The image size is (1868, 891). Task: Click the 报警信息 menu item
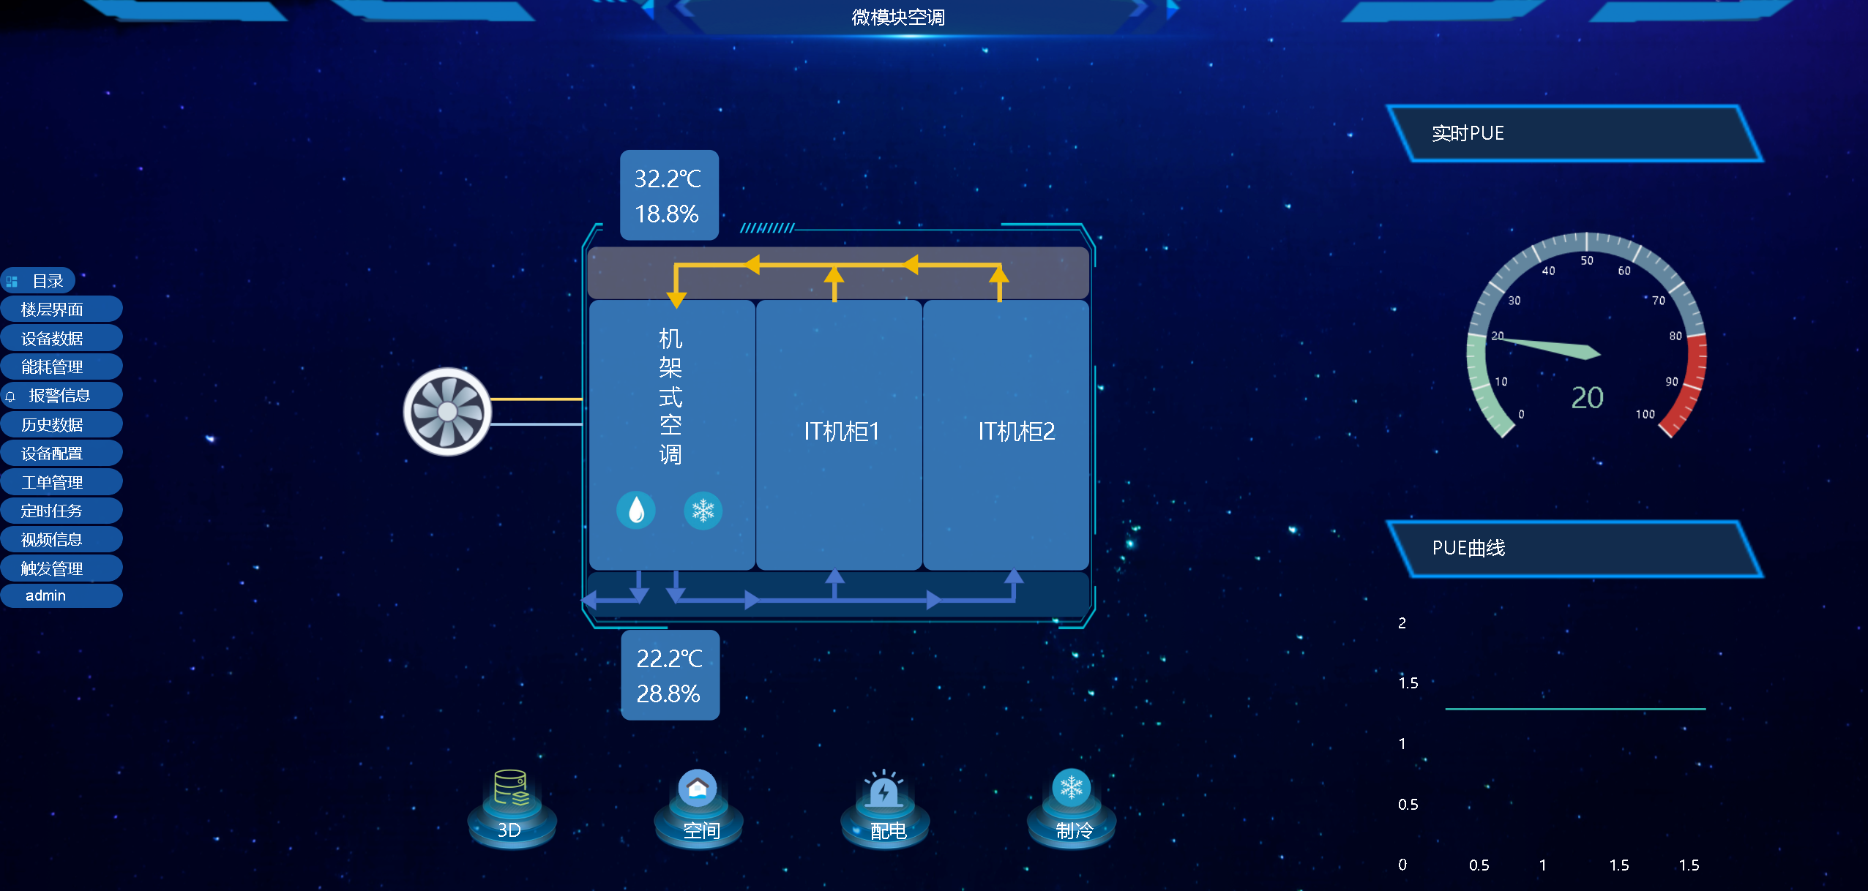point(59,396)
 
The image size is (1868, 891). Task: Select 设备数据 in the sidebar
point(52,339)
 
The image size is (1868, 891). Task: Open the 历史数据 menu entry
point(52,425)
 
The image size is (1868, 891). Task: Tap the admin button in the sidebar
point(46,595)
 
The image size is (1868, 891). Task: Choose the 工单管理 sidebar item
point(52,483)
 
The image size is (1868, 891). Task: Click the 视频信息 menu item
point(52,540)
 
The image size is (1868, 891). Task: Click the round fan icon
point(447,412)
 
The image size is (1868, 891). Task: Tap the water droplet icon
point(636,510)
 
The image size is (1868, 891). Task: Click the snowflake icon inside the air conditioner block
point(703,510)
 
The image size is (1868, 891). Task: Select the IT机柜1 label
point(841,432)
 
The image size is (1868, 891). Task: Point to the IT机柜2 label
point(1017,432)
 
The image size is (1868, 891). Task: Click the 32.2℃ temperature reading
point(668,178)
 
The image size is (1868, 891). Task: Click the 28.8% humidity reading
point(668,693)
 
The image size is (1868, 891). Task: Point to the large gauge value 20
point(1587,398)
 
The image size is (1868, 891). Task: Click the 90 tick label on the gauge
point(1672,382)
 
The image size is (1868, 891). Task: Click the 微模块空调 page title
point(898,18)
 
